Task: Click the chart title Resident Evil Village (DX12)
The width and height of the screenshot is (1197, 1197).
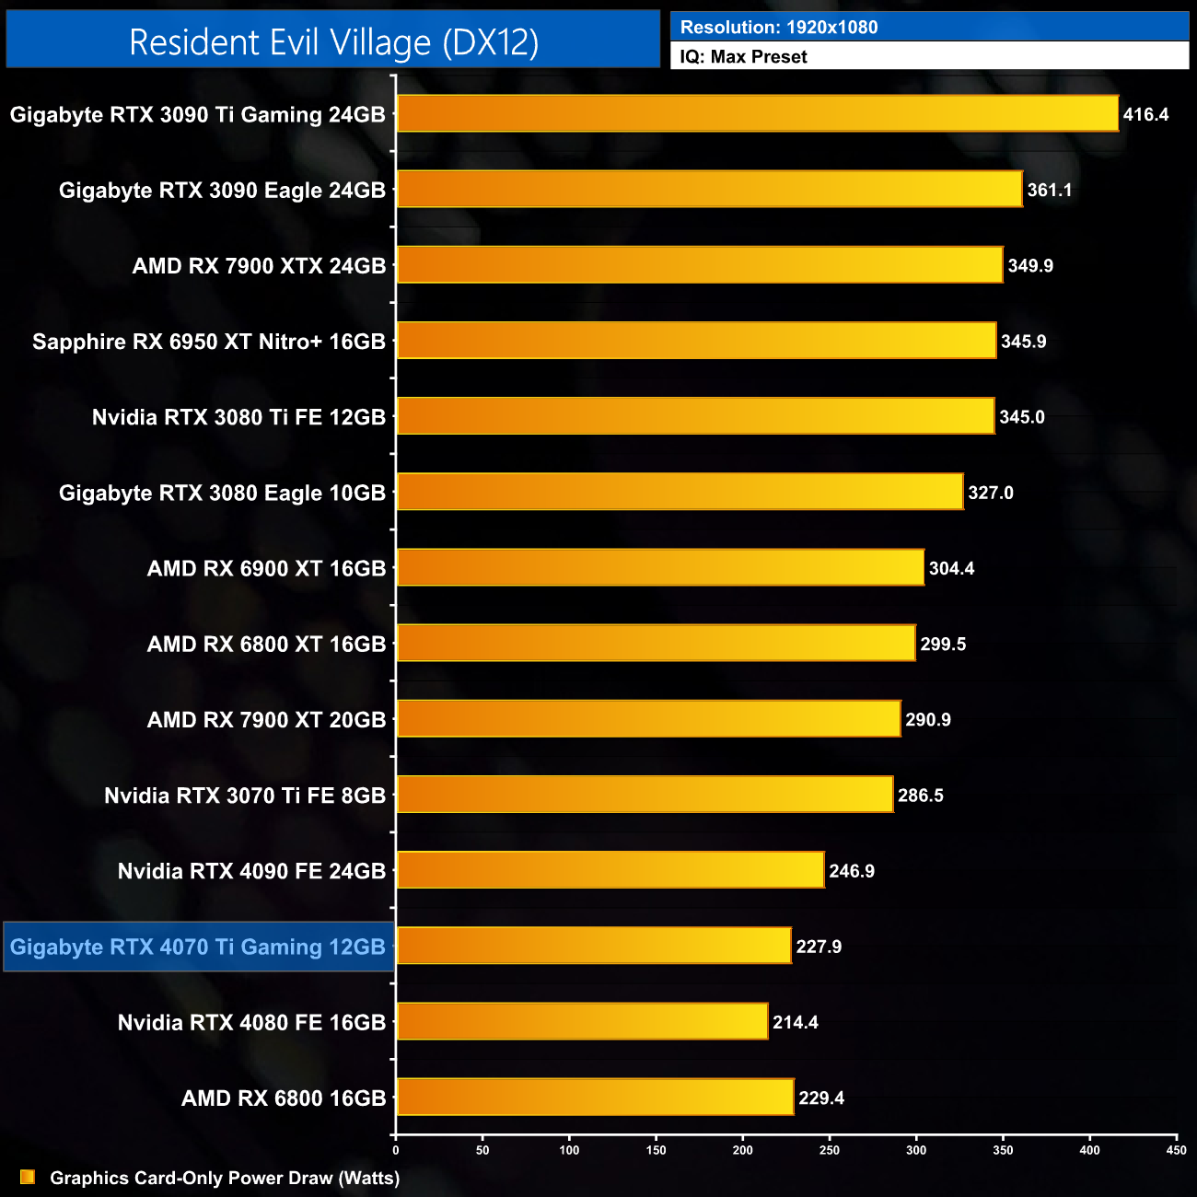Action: tap(333, 42)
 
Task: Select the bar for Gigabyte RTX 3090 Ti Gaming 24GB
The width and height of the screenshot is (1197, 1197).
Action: tap(757, 114)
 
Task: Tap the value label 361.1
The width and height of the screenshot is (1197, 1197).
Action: tap(1050, 191)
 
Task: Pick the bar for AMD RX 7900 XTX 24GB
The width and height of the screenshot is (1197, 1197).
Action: tap(700, 265)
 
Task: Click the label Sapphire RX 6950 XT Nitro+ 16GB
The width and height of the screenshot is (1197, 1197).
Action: tap(209, 342)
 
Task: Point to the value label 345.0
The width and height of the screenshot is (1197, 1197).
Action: tap(1022, 417)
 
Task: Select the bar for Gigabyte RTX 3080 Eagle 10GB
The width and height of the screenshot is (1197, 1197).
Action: tap(680, 493)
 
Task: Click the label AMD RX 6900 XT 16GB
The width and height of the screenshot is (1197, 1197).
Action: tap(266, 569)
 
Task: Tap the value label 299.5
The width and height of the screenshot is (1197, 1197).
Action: tap(943, 645)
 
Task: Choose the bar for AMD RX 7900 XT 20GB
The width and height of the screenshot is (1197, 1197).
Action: tap(648, 719)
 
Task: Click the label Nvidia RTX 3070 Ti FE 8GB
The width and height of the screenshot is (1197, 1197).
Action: tap(245, 796)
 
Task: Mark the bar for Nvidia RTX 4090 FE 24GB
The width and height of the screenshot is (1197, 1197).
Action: tap(610, 871)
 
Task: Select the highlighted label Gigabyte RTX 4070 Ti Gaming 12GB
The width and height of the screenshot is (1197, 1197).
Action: tap(198, 947)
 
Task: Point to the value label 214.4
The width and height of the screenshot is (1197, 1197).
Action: tap(796, 1023)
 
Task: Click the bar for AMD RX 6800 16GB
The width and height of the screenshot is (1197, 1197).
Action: tap(595, 1098)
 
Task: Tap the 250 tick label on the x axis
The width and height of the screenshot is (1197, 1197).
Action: tap(830, 1150)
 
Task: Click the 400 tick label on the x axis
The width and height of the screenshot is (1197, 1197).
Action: tap(1089, 1150)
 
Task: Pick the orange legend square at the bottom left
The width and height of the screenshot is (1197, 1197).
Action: tap(28, 1178)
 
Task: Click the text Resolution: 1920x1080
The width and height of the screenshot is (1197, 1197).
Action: tap(779, 28)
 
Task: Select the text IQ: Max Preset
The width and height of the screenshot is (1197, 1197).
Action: tap(744, 57)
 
